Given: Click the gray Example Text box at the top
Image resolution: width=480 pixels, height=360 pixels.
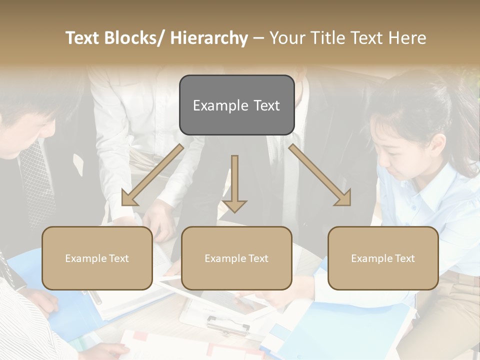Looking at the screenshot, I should pyautogui.click(x=236, y=105).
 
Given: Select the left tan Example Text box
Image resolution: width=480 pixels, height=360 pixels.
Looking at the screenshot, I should pyautogui.click(x=97, y=258).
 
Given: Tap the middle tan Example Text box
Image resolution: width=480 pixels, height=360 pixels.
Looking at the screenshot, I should pyautogui.click(x=236, y=258).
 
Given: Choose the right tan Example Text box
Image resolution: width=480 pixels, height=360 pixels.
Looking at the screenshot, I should pyautogui.click(x=383, y=258).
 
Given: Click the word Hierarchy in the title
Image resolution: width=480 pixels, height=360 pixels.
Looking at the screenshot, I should pyautogui.click(x=209, y=38).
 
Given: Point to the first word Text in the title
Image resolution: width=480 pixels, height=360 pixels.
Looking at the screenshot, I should pyautogui.click(x=82, y=38).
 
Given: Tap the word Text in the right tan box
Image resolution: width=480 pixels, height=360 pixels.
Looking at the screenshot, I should pyautogui.click(x=404, y=258).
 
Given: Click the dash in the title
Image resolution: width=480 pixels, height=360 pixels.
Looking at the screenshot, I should pyautogui.click(x=258, y=38).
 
